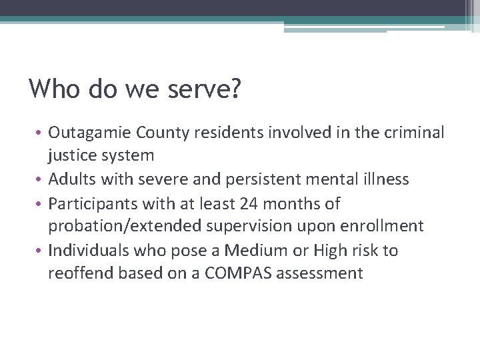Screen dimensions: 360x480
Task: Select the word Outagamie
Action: [x=90, y=133]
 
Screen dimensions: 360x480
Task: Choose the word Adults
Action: [x=72, y=179]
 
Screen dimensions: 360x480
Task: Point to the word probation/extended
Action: [x=123, y=226]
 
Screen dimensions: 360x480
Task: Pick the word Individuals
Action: [x=90, y=250]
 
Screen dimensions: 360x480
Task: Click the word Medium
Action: [x=253, y=250]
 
